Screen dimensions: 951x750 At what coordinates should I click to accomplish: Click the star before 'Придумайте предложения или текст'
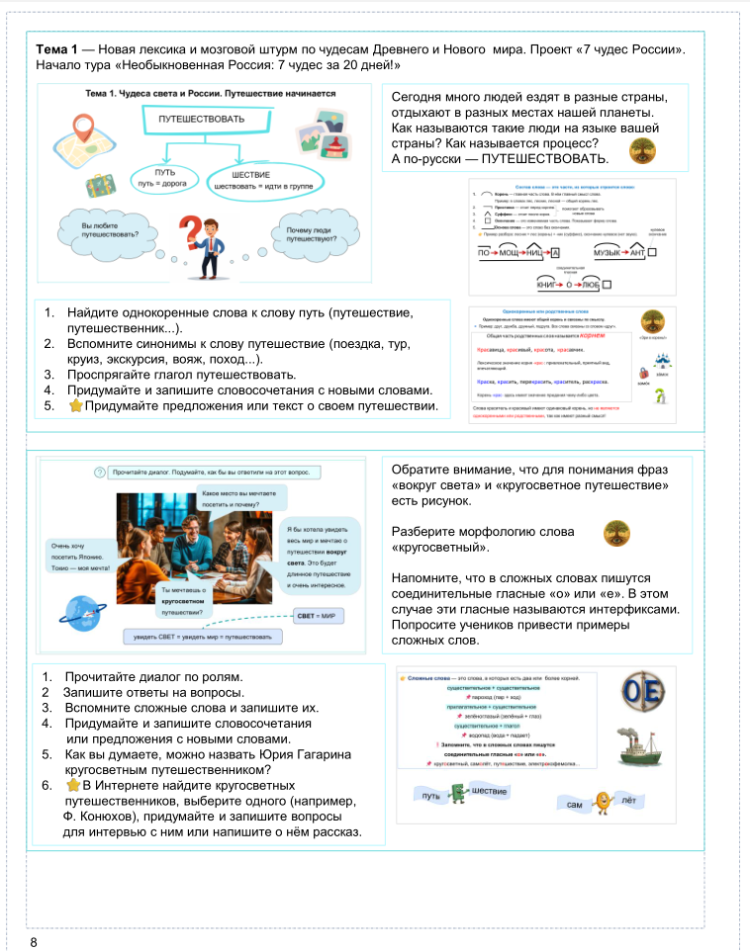tap(75, 406)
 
